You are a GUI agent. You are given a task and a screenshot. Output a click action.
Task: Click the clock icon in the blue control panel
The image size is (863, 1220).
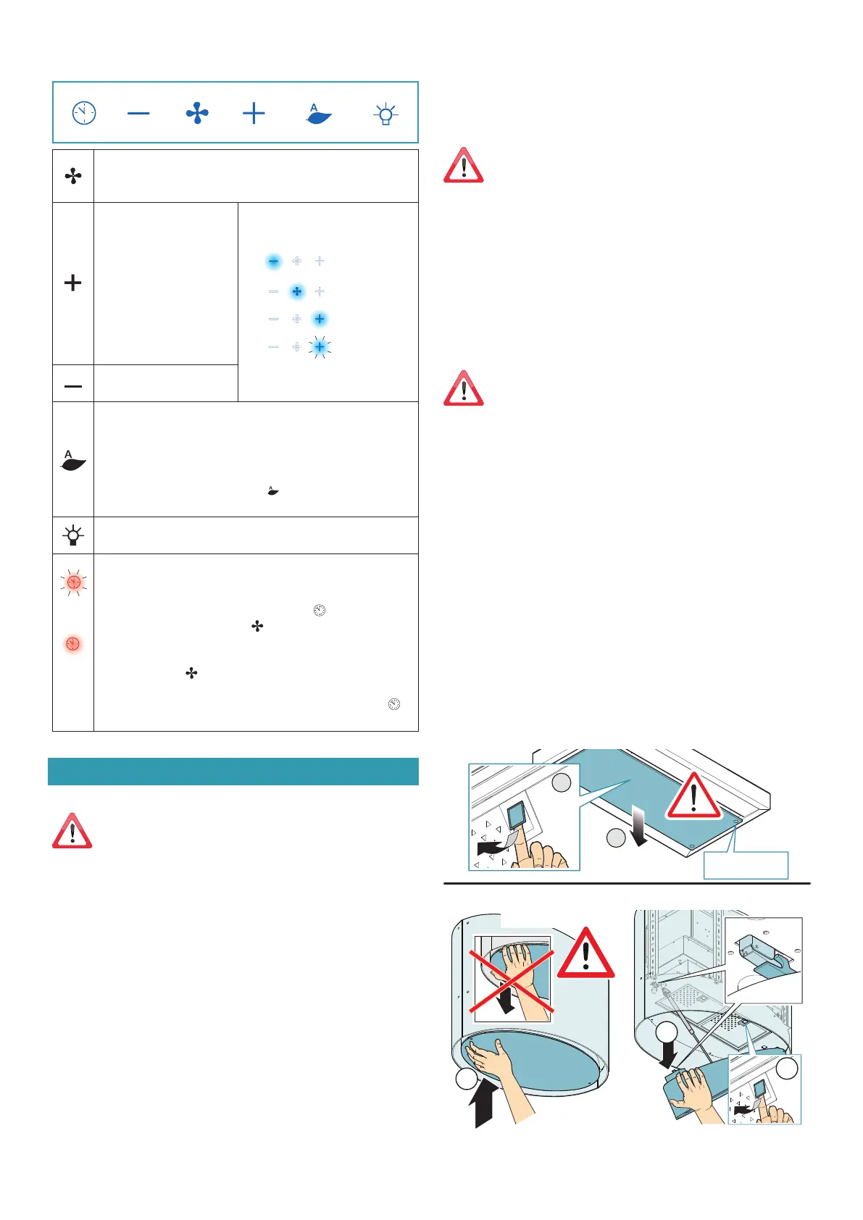pos(84,112)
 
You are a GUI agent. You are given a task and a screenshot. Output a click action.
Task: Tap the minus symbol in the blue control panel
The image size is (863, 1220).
pos(138,113)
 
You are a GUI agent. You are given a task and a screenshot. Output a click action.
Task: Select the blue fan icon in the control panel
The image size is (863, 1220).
pos(197,113)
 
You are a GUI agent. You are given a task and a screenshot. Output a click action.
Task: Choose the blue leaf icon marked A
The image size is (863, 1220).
pos(319,114)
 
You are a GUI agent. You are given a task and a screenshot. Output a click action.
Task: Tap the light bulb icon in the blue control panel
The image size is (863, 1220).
pos(385,114)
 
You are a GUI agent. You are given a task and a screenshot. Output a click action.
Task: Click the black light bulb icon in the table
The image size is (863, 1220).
pos(72,535)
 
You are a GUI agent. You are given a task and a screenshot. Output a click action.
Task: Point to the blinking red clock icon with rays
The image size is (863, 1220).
pos(73,582)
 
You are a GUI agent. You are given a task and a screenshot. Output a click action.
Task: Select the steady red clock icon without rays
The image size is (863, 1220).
pos(72,644)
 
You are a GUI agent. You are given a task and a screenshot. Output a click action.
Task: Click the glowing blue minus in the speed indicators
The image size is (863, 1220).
pos(273,261)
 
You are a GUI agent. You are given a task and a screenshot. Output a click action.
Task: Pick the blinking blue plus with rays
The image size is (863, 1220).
pos(320,347)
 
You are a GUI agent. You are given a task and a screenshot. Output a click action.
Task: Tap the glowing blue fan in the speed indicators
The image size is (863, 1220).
pos(296,291)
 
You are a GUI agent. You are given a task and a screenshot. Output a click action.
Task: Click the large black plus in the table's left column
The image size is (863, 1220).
pos(72,283)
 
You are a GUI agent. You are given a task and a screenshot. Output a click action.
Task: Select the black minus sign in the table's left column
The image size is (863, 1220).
pos(72,386)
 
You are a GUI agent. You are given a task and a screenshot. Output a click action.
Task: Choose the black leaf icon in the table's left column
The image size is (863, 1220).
pos(73,461)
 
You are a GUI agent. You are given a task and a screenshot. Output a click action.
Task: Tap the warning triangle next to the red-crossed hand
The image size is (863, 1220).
pos(585,955)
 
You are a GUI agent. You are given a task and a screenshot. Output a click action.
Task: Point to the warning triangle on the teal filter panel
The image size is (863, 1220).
pos(693,795)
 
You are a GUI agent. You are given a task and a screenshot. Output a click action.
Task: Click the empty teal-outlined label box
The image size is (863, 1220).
pos(746,865)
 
